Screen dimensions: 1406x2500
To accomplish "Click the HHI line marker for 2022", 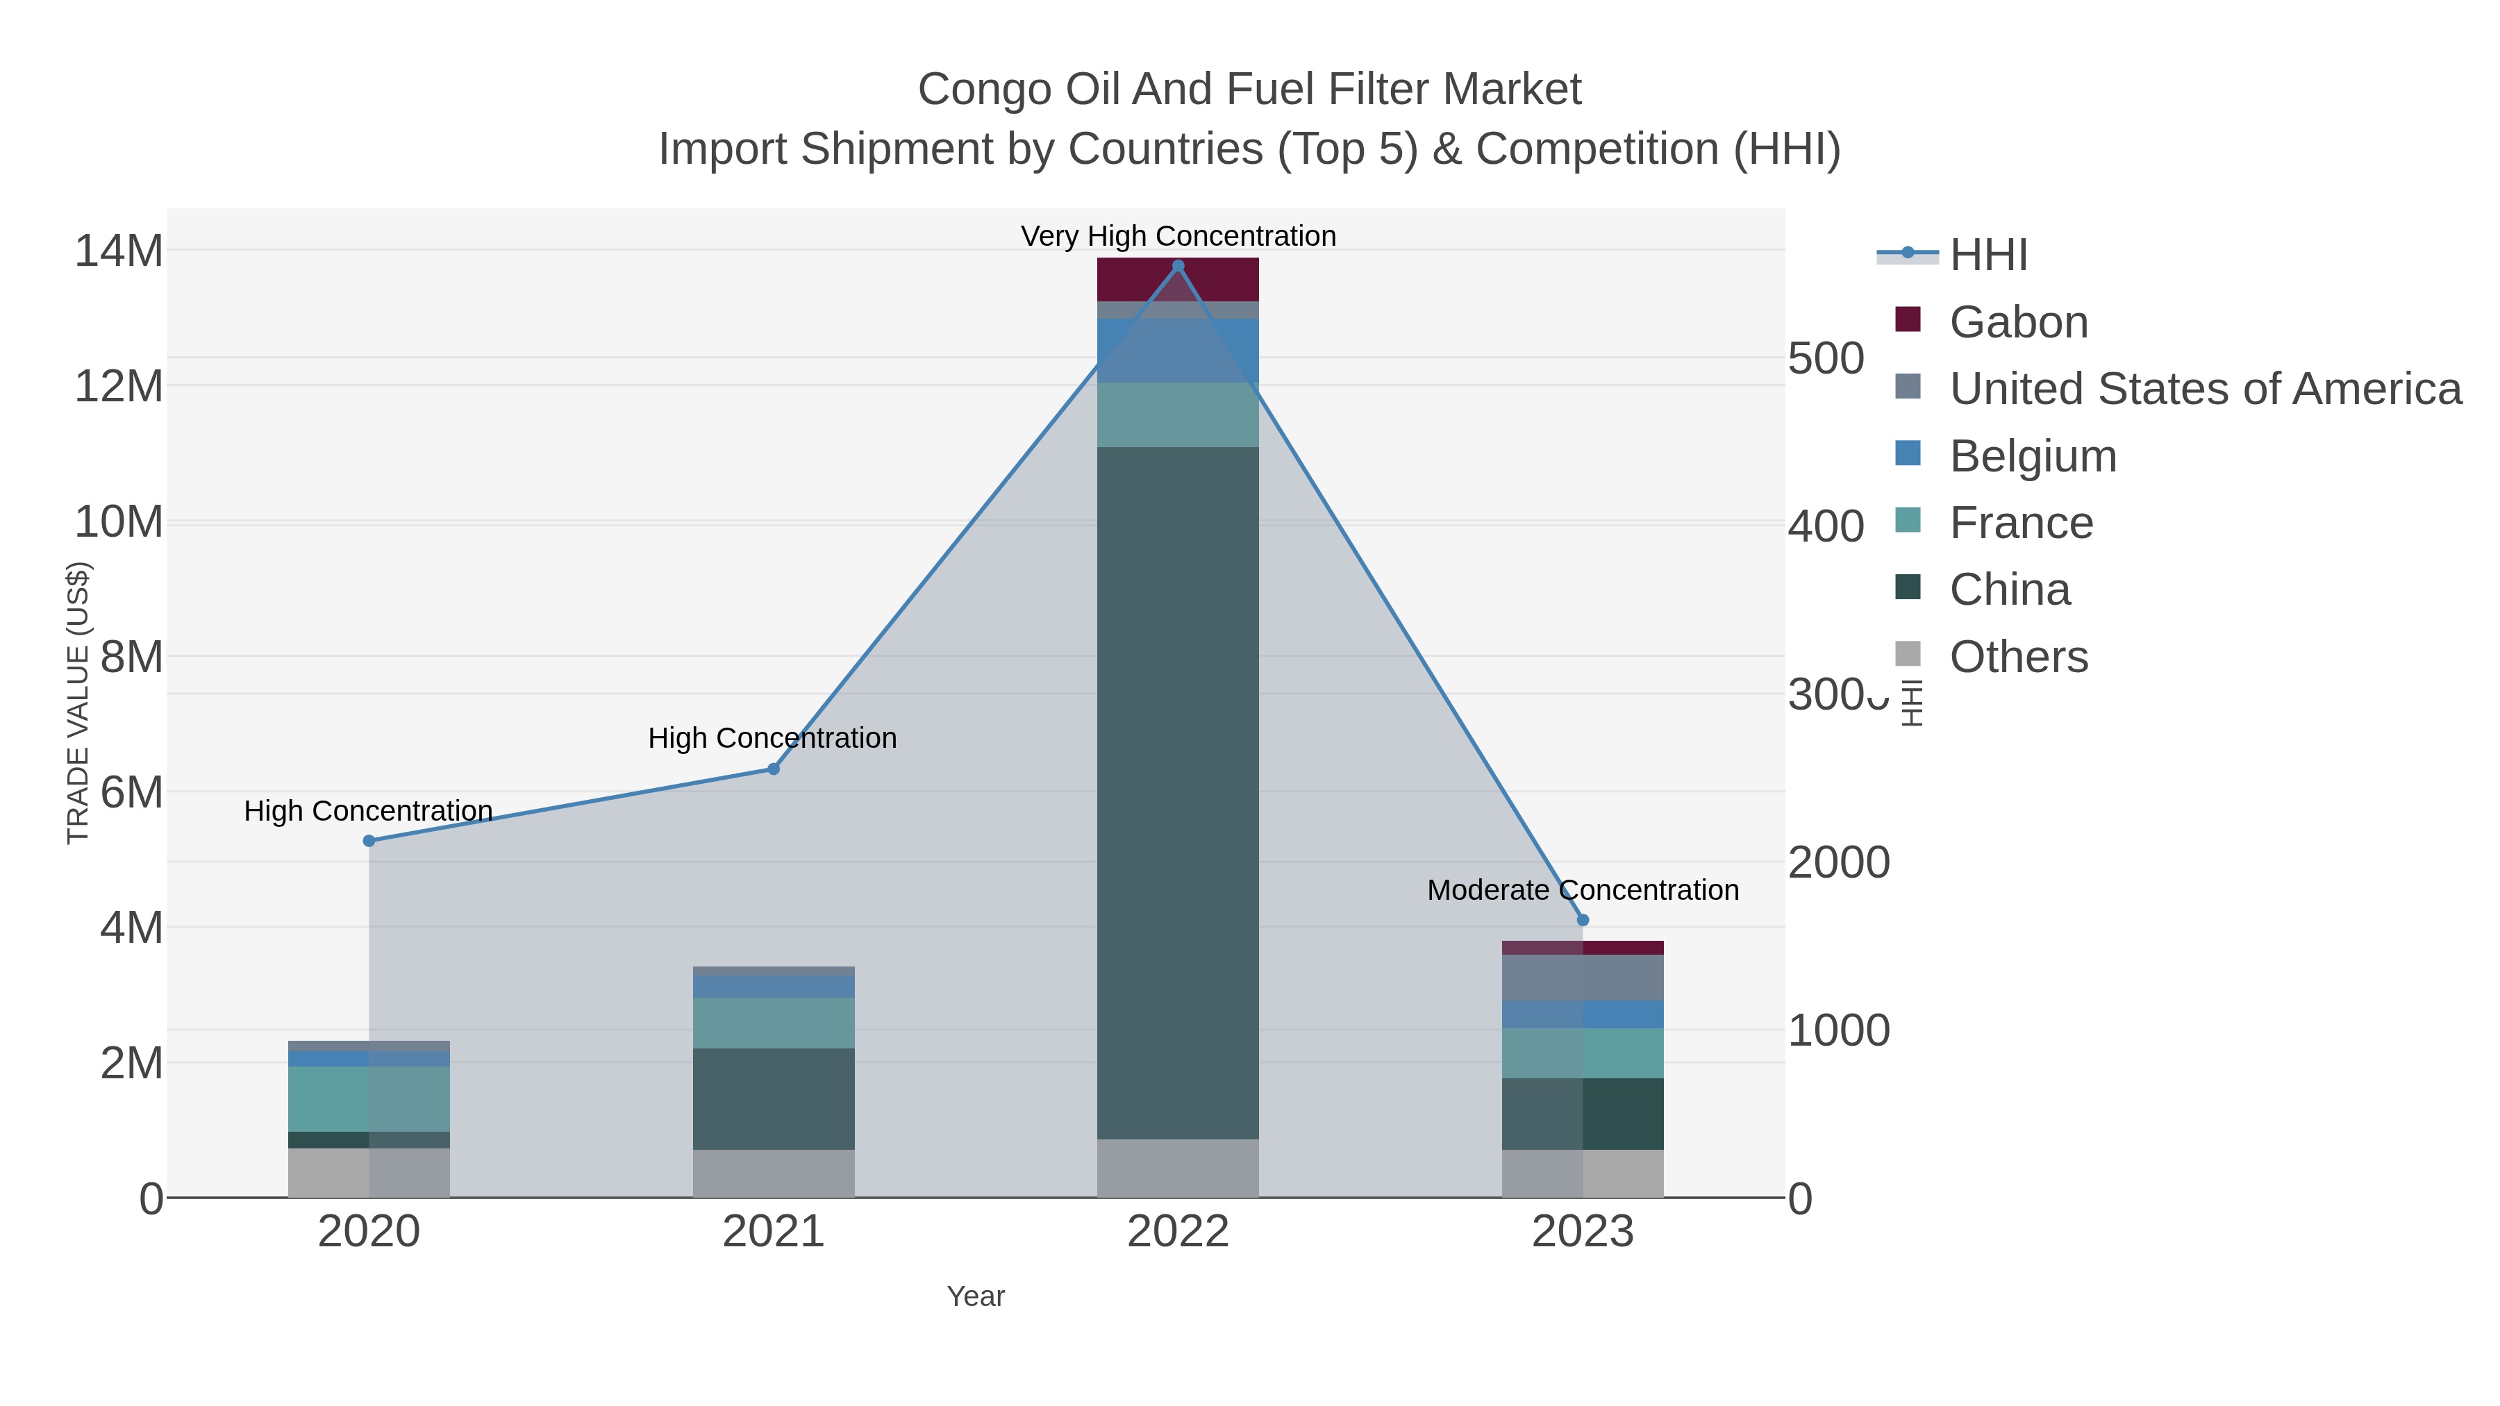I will [x=1178, y=266].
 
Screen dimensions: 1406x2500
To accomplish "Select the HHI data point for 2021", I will [x=774, y=769].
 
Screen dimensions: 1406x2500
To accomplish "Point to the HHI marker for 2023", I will [x=1583, y=920].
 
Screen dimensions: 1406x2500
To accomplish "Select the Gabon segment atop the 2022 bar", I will [x=1178, y=279].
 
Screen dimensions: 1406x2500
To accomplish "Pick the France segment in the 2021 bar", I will [x=774, y=1023].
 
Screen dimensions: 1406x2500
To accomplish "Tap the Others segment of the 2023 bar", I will [x=1583, y=1173].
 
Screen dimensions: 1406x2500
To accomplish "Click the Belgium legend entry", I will [x=2032, y=456].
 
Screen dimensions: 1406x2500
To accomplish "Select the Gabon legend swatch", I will [x=1907, y=320].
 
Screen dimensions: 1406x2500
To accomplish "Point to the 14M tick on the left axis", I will [x=118, y=251].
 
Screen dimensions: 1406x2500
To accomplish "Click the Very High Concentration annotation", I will [x=1178, y=236].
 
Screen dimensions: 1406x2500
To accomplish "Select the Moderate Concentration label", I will [x=1583, y=890].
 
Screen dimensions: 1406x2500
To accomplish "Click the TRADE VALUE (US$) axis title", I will [x=78, y=703].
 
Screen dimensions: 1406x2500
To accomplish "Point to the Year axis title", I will [x=976, y=1296].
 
